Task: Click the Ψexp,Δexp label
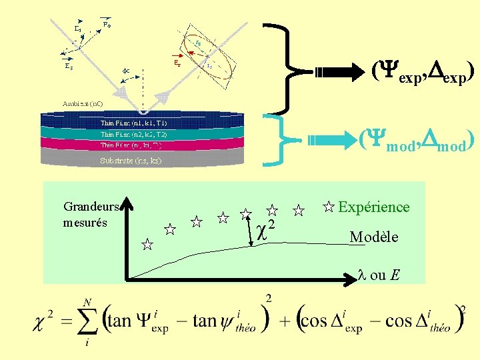[x=423, y=70]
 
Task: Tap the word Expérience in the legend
[x=373, y=207]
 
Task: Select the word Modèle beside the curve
[x=373, y=237]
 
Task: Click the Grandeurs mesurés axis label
[x=91, y=214]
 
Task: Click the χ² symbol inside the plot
[x=265, y=229]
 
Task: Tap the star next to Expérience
[x=328, y=207]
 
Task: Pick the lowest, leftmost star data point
[x=147, y=245]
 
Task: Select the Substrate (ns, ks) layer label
[x=131, y=161]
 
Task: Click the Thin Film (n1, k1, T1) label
[x=133, y=123]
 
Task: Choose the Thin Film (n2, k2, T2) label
[x=133, y=134]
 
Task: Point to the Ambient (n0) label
[x=83, y=104]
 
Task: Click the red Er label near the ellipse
[x=176, y=63]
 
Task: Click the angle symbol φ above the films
[x=125, y=69]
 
